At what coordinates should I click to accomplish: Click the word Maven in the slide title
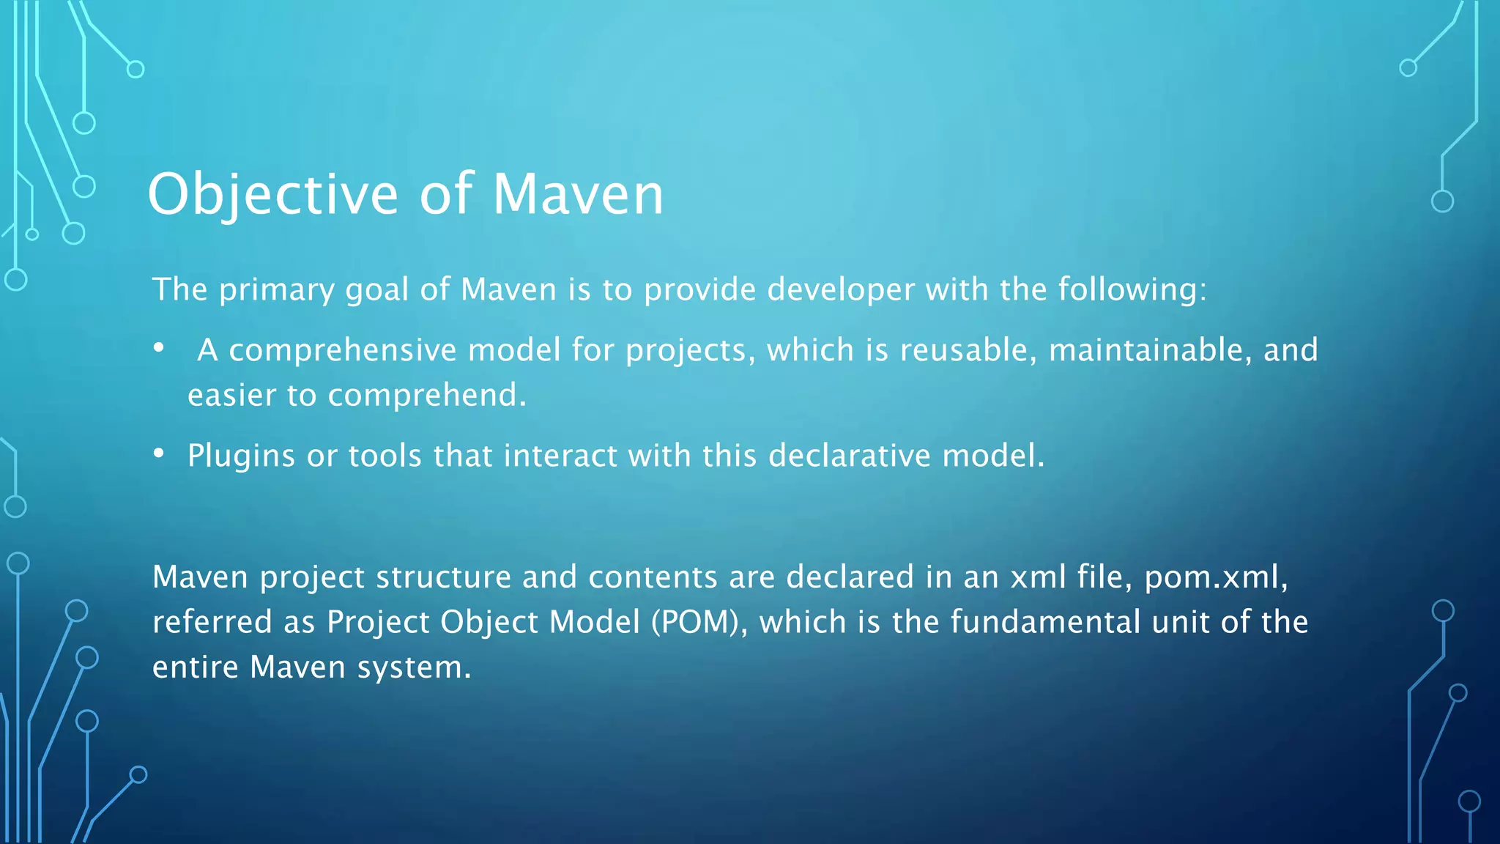coord(578,195)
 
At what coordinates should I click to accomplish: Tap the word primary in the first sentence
coord(277,290)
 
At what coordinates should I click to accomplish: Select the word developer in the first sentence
coord(841,290)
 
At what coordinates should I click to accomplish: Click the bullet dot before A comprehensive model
coord(159,348)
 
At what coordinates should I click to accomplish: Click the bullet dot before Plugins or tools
coord(159,454)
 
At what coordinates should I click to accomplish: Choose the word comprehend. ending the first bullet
coord(427,396)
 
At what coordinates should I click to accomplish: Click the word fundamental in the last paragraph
coord(1045,623)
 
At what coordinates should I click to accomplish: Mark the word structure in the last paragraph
coord(443,578)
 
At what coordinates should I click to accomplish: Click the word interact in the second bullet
coord(560,456)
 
